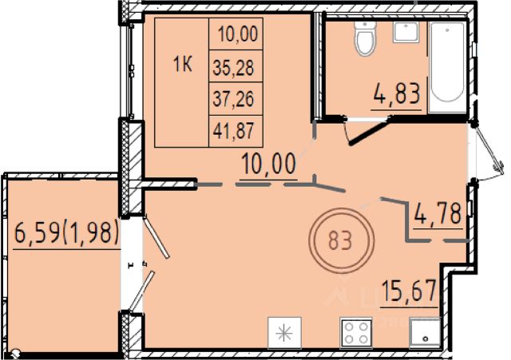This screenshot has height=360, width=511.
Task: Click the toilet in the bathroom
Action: point(365,39)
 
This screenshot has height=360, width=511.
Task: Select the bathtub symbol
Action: point(447,67)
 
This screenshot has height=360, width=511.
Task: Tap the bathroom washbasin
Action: point(406,32)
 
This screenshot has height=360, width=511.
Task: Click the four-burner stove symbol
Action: point(356,333)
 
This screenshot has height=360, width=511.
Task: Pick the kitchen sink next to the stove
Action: point(425,333)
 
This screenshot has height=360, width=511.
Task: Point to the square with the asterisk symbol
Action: point(284,333)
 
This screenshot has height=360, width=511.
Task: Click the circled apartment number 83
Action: point(341,241)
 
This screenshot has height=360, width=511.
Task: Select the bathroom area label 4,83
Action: point(397,93)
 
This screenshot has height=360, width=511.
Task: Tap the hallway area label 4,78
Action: point(438,213)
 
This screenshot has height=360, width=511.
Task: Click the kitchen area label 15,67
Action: point(409,291)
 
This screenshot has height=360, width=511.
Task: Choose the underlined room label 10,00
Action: point(269,164)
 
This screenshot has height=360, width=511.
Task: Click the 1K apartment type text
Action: point(183,64)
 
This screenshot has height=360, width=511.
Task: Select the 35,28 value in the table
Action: point(233,68)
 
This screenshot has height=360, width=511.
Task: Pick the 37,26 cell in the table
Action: point(233,99)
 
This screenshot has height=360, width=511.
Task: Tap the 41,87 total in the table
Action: point(233,131)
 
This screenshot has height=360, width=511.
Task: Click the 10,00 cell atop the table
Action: point(238,34)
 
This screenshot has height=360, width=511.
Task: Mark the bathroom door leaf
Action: point(370,133)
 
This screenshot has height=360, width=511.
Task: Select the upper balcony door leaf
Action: point(156,235)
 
